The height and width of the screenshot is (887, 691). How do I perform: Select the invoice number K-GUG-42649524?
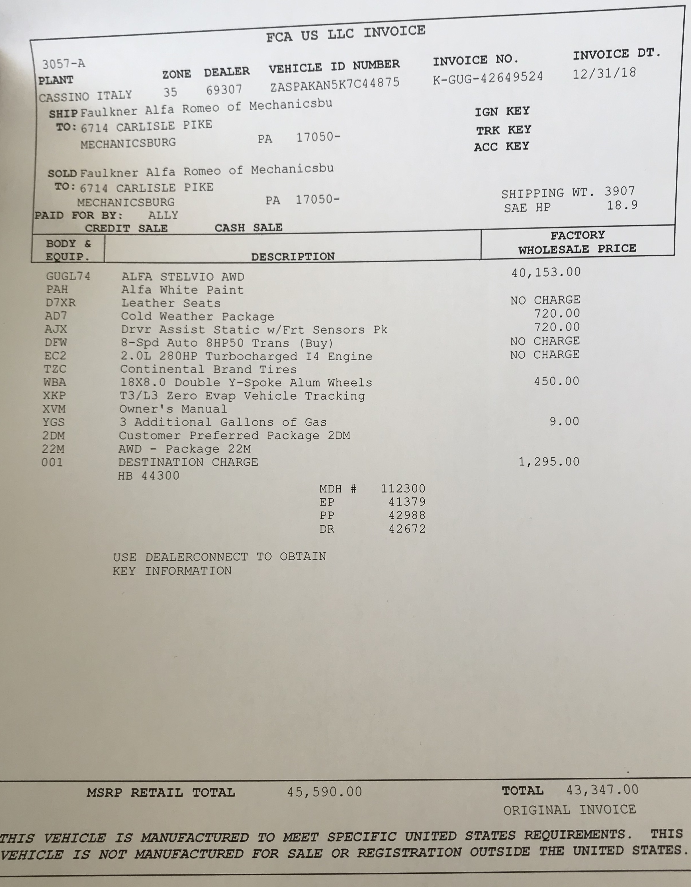487,77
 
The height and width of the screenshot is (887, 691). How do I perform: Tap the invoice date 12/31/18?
604,73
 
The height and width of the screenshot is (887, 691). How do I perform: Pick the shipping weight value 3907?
620,191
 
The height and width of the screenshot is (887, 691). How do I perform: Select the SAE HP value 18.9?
622,205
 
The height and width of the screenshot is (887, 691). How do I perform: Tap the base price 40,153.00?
546,272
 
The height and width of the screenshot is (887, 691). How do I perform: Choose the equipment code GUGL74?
68,276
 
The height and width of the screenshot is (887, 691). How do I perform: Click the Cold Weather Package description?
197,316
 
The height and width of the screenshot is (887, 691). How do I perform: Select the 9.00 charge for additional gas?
564,421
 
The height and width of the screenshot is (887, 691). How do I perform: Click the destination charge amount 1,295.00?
549,461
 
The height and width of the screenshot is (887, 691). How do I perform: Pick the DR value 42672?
407,528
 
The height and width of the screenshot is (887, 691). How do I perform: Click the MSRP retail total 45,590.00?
324,792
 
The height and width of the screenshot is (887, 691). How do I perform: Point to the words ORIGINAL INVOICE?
569,810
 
